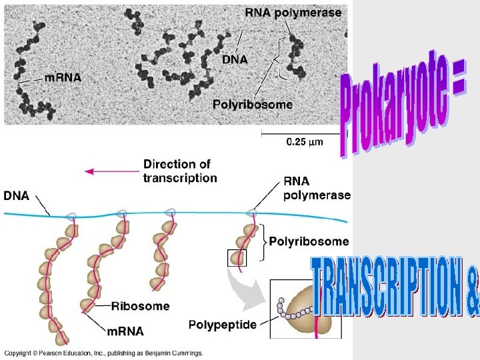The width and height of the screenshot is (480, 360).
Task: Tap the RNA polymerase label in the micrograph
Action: [293, 12]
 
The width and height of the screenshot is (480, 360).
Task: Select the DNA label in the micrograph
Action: [235, 59]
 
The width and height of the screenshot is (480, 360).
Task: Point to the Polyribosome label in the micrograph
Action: [252, 104]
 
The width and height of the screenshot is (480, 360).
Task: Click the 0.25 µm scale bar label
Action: [305, 141]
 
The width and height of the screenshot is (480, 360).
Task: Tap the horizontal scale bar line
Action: [304, 131]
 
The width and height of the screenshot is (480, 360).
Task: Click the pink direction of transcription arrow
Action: [111, 171]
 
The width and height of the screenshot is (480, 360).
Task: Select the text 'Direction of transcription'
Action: [179, 171]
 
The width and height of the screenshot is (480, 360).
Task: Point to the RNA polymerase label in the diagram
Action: [316, 188]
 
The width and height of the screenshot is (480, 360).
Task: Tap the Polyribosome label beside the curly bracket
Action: [309, 241]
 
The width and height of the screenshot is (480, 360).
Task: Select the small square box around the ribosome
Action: [237, 257]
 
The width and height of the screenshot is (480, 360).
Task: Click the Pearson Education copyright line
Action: [103, 353]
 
